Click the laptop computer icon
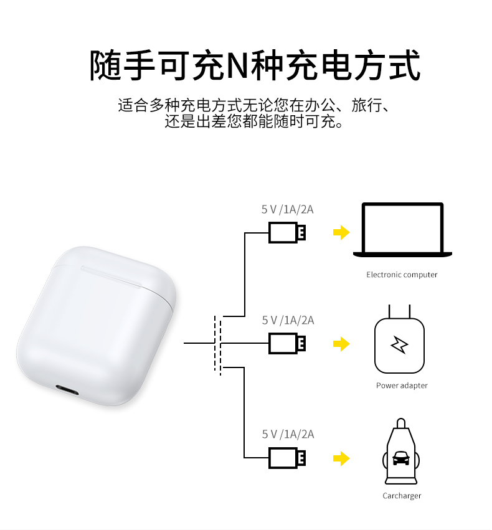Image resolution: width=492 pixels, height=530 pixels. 402,230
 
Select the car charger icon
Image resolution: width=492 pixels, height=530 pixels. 402,455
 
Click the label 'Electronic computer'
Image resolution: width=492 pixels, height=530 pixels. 402,275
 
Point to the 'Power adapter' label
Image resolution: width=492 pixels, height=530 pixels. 402,386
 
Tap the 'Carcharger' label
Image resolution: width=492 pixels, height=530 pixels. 402,496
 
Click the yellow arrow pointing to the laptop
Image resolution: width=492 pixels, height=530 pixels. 341,232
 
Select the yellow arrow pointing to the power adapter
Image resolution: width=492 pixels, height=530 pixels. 341,343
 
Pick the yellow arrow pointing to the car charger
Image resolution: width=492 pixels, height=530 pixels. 341,459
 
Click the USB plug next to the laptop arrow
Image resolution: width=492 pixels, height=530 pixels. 287,232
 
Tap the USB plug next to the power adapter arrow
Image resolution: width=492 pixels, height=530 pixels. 287,343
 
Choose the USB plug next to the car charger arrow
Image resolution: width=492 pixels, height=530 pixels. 287,458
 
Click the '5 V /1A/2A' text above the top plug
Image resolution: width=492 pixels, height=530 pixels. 287,209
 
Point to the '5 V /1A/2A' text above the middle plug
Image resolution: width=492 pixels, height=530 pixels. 288,320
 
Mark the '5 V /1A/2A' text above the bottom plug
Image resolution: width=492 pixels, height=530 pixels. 288,434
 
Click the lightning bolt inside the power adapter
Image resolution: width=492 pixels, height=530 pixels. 399,344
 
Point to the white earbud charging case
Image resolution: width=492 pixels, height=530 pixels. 93,324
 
